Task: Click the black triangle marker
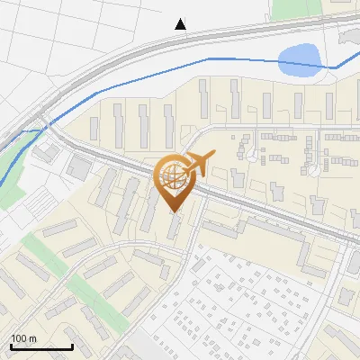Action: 181,24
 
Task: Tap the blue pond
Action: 299,60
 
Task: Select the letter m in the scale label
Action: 32,338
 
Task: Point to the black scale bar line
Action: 41,346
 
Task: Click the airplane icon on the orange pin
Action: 196,164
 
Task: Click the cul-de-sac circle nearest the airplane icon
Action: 254,158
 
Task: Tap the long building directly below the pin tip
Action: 174,226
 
